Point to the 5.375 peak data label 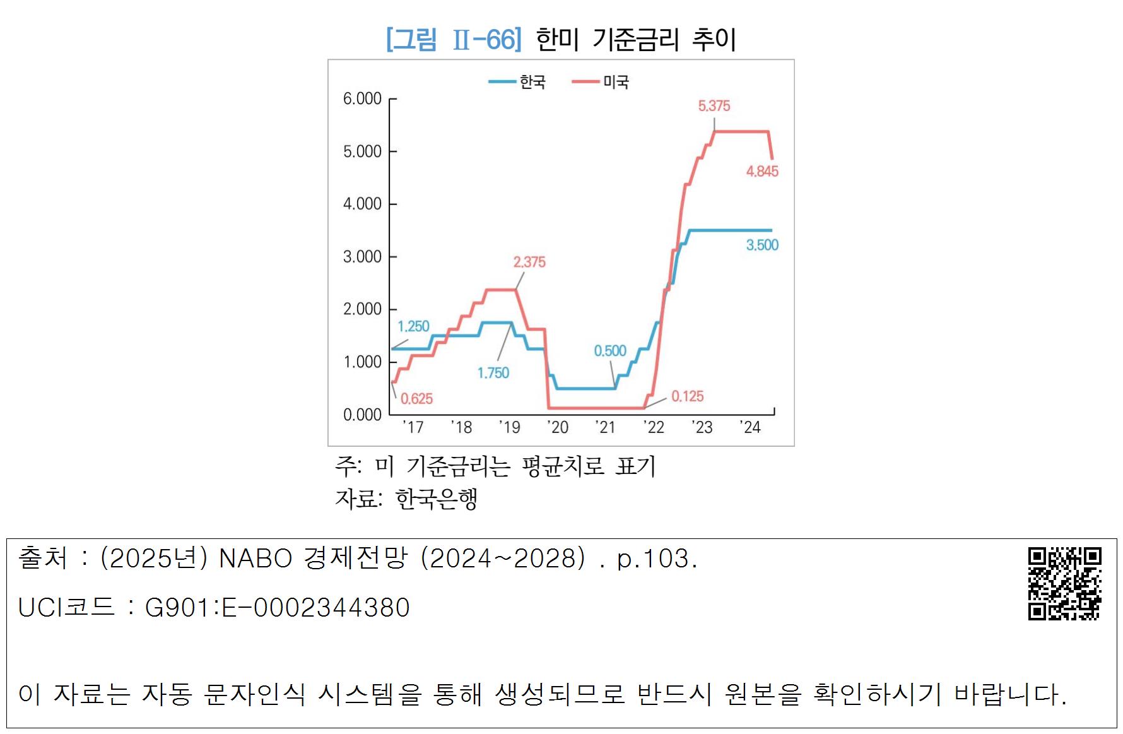pyautogui.click(x=714, y=106)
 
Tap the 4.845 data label pyautogui.click(x=762, y=171)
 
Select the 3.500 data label pyautogui.click(x=762, y=245)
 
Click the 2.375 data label pyautogui.click(x=529, y=262)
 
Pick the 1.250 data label pyautogui.click(x=413, y=326)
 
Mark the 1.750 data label pyautogui.click(x=493, y=373)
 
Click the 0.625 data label pyautogui.click(x=416, y=399)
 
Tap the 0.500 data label pyautogui.click(x=610, y=351)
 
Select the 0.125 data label pyautogui.click(x=687, y=396)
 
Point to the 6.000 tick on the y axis pyautogui.click(x=362, y=98)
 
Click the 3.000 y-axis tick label pyautogui.click(x=362, y=257)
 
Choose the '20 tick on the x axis pyautogui.click(x=558, y=428)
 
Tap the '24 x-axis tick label pyautogui.click(x=750, y=428)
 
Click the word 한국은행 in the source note pyautogui.click(x=436, y=499)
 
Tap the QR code pyautogui.click(x=1064, y=583)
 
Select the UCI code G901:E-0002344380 pyautogui.click(x=277, y=608)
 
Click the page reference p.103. pyautogui.click(x=657, y=559)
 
